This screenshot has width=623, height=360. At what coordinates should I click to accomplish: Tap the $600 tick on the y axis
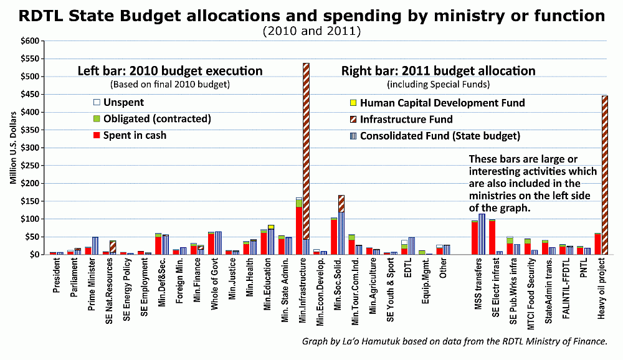pos(31,41)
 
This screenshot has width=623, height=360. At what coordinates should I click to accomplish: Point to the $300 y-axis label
pos(31,148)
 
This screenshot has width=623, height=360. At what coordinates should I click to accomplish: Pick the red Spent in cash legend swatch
pos(97,135)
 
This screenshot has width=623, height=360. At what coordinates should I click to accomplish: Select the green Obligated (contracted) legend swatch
pos(97,118)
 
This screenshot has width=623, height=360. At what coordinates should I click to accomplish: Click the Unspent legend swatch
pos(97,102)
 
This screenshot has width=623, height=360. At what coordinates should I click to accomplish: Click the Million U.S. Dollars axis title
pos(13,148)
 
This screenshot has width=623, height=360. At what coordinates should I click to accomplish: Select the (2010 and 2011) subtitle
pos(311,31)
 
